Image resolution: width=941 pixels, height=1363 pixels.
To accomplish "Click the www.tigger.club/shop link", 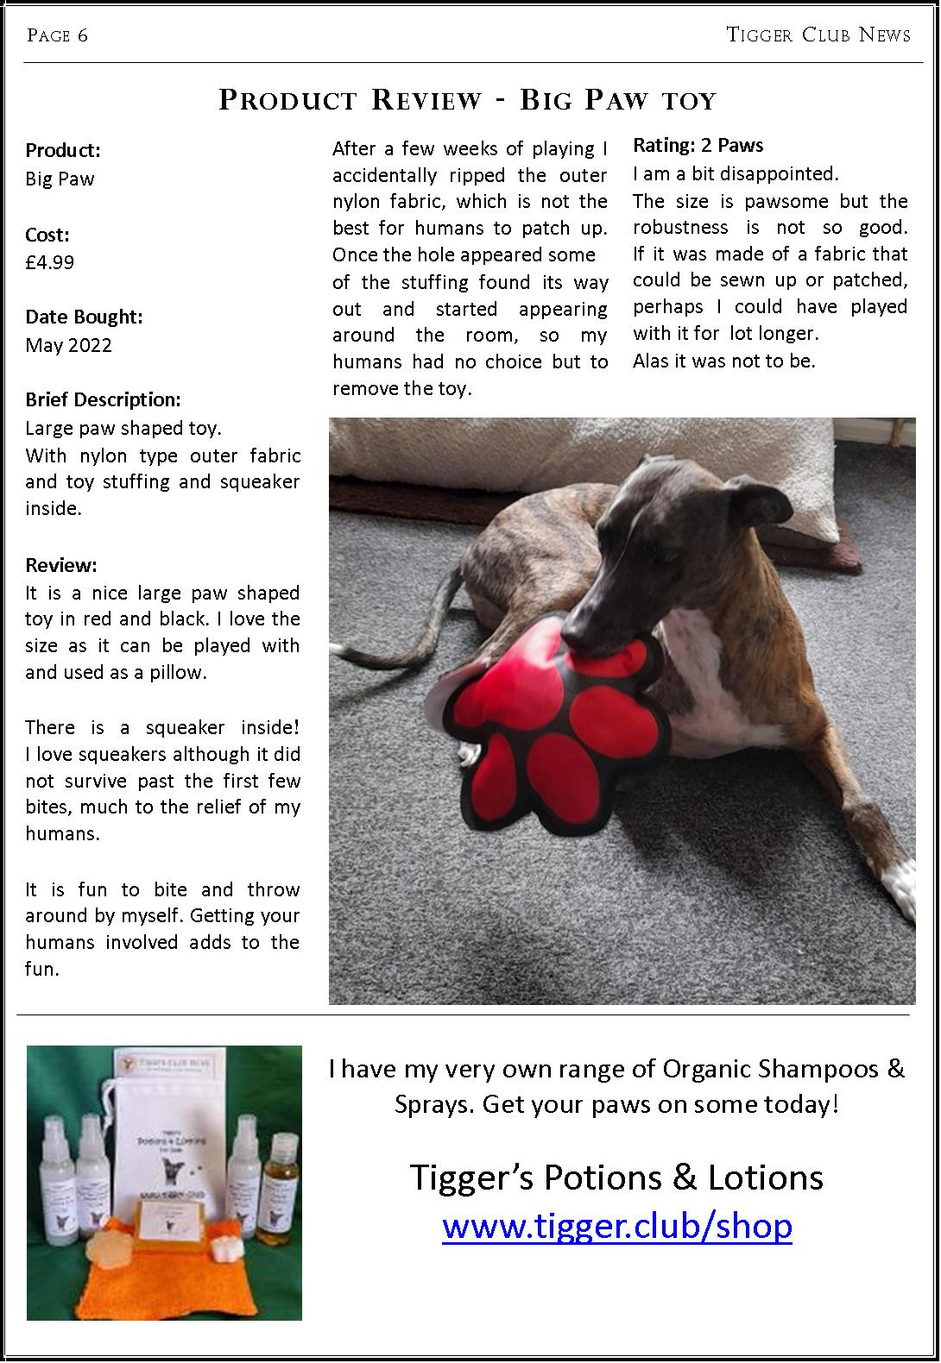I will pos(616,1226).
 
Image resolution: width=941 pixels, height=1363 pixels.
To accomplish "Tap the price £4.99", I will pos(50,262).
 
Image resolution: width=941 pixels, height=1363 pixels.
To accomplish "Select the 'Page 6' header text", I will pos(57,35).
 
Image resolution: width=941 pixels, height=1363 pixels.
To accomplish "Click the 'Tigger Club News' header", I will pos(818,35).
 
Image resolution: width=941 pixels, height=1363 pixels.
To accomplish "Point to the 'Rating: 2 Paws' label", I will pos(698,146).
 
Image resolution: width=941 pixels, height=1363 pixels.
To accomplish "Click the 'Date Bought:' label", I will pos(84,317).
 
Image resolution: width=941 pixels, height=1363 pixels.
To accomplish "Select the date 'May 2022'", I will pos(68,345).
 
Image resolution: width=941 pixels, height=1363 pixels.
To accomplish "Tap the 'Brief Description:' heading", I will pos(103,399).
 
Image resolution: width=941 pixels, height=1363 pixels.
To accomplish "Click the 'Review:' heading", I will pos(61,565).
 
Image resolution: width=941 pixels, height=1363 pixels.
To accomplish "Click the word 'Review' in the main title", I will pos(426,100).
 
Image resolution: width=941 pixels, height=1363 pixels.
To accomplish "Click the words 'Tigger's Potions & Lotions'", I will pos(616,1178).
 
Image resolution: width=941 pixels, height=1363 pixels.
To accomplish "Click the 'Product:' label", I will pos(63,150).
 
